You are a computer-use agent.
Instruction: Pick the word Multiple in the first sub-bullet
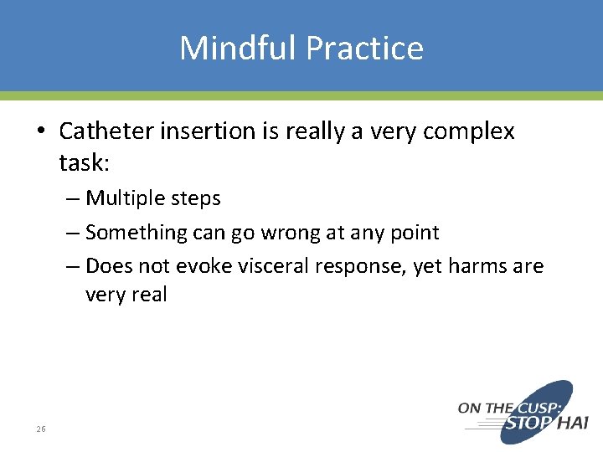pyautogui.click(x=123, y=198)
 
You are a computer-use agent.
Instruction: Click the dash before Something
pyautogui.click(x=73, y=233)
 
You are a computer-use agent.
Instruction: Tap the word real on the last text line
pyautogui.click(x=147, y=295)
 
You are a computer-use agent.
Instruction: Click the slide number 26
pyautogui.click(x=41, y=429)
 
